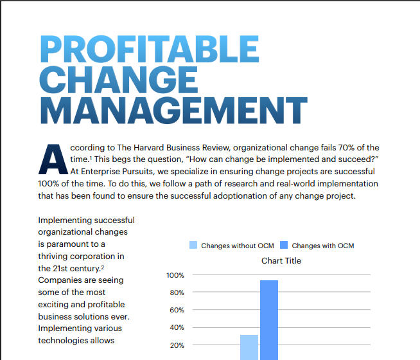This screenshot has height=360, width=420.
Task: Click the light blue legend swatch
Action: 193,245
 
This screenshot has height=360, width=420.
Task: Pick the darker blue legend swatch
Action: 284,245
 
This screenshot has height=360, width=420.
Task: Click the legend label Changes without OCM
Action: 238,246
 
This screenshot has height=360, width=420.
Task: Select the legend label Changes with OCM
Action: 322,246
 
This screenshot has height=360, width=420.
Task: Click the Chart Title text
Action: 281,261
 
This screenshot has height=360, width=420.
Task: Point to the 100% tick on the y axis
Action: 175,275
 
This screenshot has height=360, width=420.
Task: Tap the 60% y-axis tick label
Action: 177,310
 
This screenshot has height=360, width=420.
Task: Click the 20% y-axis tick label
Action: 177,345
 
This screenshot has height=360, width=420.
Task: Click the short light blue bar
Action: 249,347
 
